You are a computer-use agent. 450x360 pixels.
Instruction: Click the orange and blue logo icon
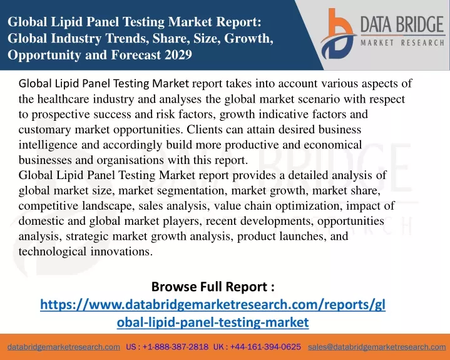coord(338,34)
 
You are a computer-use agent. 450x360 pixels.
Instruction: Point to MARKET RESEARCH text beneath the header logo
coord(402,43)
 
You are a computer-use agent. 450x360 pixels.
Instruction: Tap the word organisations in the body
coord(130,160)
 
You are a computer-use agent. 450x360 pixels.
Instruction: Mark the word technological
coord(52,252)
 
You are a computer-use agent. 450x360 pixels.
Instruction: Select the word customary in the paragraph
coord(45,130)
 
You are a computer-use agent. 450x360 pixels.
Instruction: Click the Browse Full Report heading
coord(213,287)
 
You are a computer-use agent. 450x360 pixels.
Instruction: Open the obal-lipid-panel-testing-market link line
coord(213,322)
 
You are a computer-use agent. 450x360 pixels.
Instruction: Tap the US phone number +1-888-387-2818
coord(175,347)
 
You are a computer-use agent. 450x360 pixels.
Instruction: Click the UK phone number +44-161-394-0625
coord(265,347)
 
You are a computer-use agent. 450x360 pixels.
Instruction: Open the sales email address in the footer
coord(377,347)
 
